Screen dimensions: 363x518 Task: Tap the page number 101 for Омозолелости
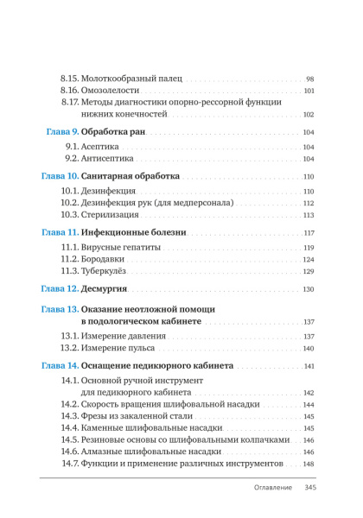(309, 91)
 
